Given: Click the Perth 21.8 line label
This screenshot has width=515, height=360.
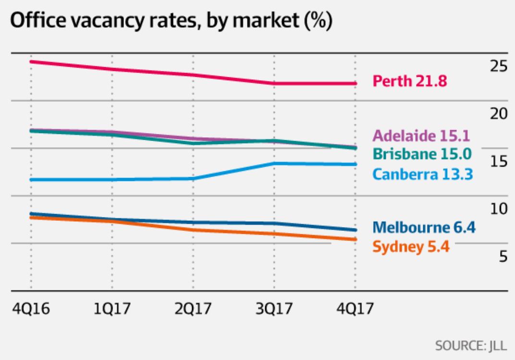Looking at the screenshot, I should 410,81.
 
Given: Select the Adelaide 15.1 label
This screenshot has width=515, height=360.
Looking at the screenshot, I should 421,135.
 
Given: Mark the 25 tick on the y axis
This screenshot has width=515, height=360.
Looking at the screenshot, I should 499,66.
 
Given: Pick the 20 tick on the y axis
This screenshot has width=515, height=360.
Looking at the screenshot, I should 499,114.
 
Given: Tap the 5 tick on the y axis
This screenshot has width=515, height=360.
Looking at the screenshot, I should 503,257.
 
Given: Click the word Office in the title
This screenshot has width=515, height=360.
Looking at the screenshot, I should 39,22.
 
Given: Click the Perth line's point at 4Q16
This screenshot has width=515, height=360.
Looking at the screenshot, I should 31,61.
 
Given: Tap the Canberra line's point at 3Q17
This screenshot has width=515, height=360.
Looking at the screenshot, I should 274,164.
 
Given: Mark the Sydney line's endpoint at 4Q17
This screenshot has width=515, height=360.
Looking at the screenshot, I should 355,239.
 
